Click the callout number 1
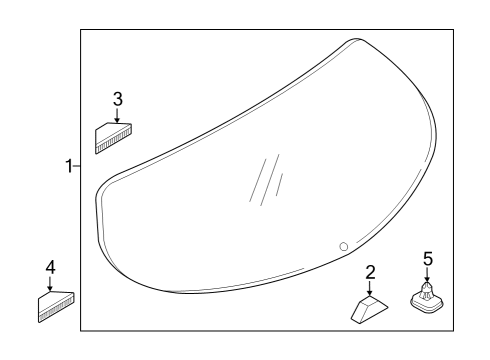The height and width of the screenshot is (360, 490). [69, 166]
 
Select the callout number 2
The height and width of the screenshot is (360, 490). [370, 272]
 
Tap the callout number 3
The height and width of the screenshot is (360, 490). [118, 99]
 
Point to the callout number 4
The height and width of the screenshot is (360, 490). [50, 268]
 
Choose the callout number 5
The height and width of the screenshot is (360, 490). [428, 259]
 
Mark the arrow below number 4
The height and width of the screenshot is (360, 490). [50, 284]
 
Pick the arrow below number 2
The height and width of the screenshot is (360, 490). [369, 288]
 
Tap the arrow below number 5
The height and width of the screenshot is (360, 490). [427, 275]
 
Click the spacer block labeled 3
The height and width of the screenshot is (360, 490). [113, 138]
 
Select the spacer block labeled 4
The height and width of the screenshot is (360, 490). [56, 306]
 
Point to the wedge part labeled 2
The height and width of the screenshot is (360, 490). [369, 309]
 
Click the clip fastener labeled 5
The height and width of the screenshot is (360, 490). [427, 298]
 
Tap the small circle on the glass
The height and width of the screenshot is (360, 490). [344, 247]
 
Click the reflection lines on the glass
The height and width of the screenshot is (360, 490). [266, 180]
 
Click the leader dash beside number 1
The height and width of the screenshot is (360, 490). [77, 166]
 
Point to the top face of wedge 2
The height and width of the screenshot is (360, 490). [374, 303]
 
